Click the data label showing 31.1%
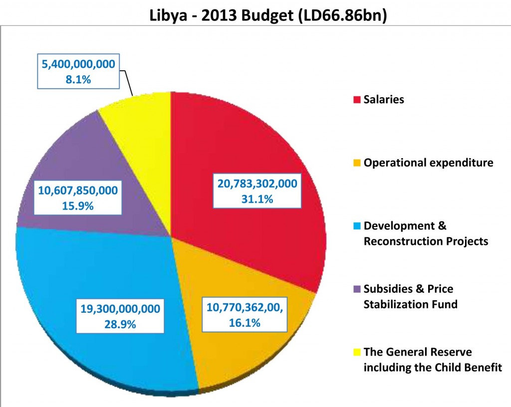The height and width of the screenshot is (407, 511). point(257,191)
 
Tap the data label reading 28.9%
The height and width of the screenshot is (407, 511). point(120,316)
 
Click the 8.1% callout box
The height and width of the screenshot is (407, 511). point(77,71)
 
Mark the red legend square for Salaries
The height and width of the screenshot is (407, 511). point(356,100)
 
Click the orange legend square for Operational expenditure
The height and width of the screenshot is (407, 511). point(356,163)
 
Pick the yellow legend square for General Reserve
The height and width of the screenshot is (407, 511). point(356,353)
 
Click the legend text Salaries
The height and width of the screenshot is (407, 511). point(384,99)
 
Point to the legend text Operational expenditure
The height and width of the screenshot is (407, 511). point(428,163)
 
